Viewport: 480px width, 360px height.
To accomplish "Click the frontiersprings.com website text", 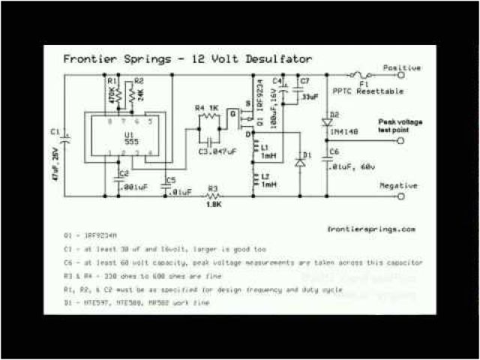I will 371,229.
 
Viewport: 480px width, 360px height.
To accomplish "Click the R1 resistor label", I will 111,79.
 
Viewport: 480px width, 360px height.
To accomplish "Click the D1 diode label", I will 304,156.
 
